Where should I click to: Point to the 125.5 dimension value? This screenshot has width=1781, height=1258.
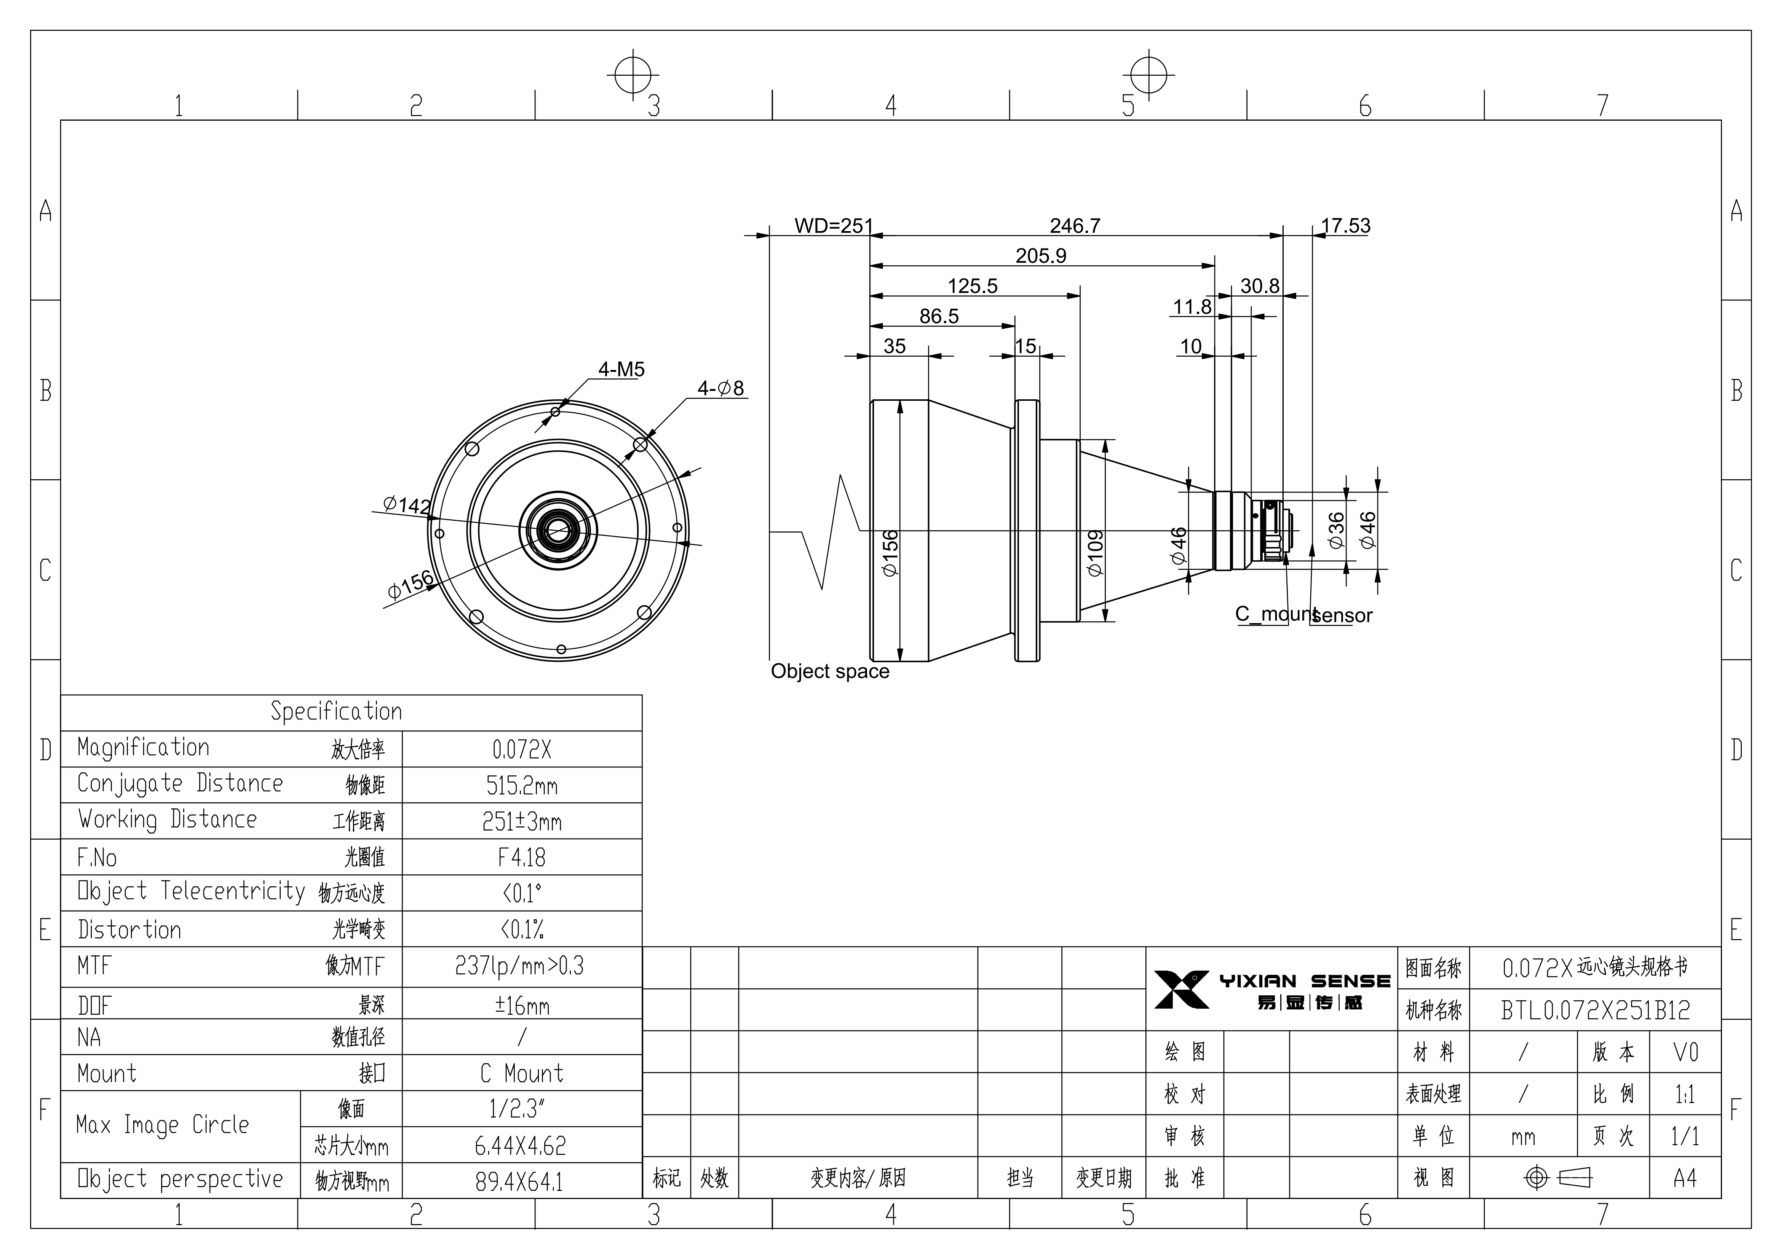973,286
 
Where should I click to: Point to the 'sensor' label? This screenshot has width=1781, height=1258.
1343,616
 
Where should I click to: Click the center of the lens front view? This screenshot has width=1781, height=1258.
558,531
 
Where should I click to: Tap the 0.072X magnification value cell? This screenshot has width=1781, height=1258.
522,749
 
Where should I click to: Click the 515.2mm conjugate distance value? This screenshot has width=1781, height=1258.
522,786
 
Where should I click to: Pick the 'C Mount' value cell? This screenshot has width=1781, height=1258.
522,1073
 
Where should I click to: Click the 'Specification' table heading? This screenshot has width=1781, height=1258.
337,711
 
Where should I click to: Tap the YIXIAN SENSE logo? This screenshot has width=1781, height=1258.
1272,990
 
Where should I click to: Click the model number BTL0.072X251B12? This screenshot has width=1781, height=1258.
1596,1010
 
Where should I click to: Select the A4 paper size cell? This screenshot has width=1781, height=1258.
1685,1178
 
